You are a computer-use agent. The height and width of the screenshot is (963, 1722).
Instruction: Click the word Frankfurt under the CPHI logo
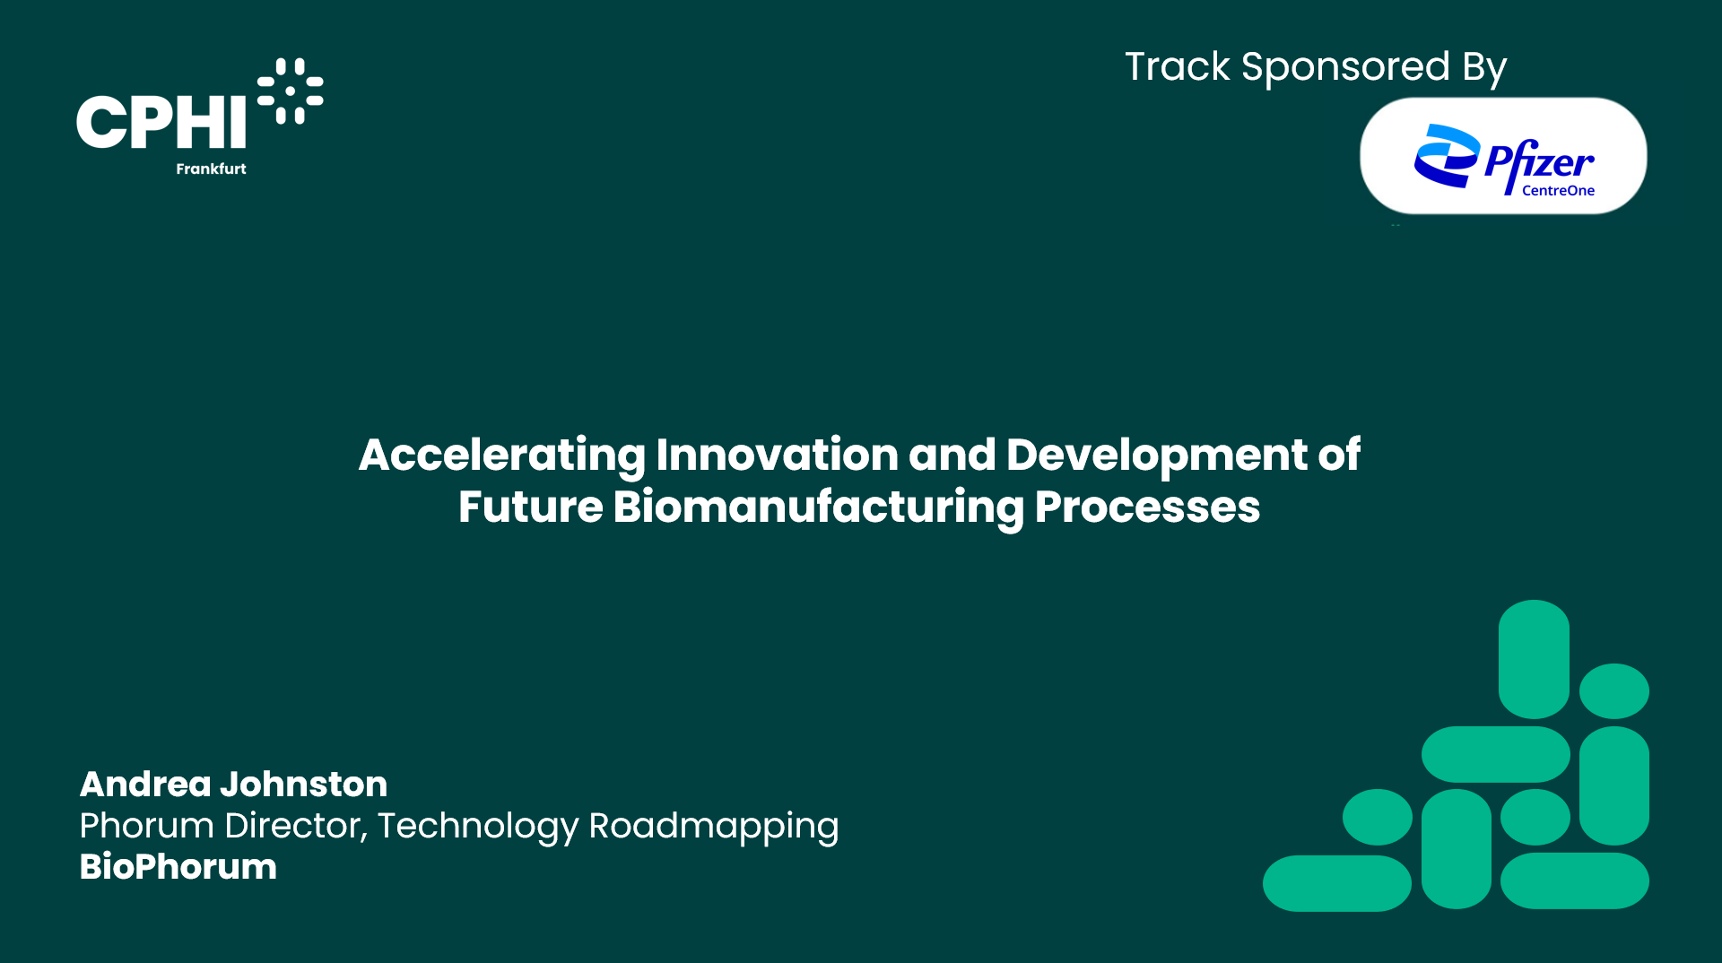[211, 169]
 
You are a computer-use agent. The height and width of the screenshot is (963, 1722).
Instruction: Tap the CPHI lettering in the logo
[161, 122]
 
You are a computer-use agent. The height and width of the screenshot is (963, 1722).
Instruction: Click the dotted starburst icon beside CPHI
[291, 91]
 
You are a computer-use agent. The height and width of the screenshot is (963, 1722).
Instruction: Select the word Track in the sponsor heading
[1177, 67]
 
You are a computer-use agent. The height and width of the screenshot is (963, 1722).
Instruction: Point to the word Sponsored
[1344, 68]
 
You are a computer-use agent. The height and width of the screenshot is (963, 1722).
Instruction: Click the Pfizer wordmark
[1539, 161]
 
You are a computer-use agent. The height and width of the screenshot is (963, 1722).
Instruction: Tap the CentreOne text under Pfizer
[1558, 190]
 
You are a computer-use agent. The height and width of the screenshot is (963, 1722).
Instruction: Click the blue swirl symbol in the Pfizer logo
[1446, 156]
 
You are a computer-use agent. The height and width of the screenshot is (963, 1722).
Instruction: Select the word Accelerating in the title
[501, 455]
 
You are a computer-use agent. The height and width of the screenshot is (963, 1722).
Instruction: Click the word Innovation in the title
[777, 455]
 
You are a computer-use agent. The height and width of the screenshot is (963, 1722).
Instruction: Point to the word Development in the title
[1157, 455]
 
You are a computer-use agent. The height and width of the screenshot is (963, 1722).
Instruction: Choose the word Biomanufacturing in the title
[818, 508]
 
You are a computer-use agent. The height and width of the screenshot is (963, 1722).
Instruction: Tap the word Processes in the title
[1147, 508]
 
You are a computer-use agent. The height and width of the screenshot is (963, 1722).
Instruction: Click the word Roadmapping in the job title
[713, 827]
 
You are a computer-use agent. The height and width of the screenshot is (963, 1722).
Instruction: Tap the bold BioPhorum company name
[178, 867]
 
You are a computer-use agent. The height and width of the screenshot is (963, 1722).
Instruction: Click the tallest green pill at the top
[1534, 659]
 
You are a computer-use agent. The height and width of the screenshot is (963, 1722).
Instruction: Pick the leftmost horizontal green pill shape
[1336, 883]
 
